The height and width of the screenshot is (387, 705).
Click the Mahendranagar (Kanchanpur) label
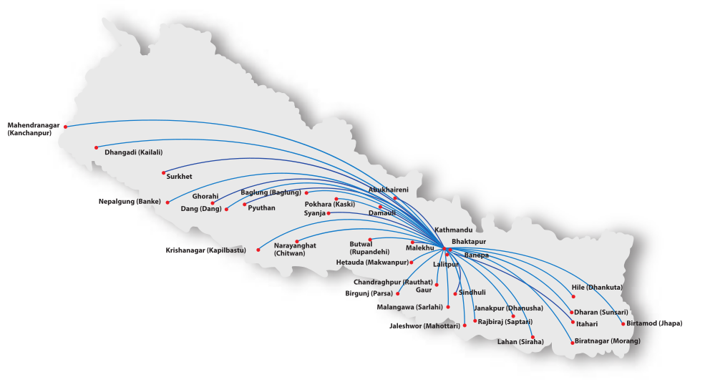pos(34,129)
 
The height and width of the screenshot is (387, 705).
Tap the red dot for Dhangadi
pos(96,148)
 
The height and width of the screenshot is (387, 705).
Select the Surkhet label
pos(179,176)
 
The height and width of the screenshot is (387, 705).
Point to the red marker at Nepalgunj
pos(167,202)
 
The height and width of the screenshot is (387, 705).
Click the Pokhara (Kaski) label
pos(329,204)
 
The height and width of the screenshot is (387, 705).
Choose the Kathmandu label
pos(453,230)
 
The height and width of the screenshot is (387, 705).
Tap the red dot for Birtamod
pos(623,324)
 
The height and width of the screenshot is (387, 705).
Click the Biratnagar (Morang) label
pos(607,341)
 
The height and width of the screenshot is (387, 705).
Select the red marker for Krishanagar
pos(258,250)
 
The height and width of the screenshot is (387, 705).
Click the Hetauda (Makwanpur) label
pos(372,263)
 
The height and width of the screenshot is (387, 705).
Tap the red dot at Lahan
pos(533,337)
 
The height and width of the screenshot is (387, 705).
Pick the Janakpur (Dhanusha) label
pos(508,308)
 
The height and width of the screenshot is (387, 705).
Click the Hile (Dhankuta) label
pos(597,288)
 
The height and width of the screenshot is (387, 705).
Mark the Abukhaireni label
pos(388,190)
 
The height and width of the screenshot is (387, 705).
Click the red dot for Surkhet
pos(164,172)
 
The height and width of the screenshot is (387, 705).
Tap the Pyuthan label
pos(261,207)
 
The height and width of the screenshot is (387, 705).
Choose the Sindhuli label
pos(472,293)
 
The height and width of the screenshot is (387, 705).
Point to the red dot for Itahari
pos(573,323)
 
